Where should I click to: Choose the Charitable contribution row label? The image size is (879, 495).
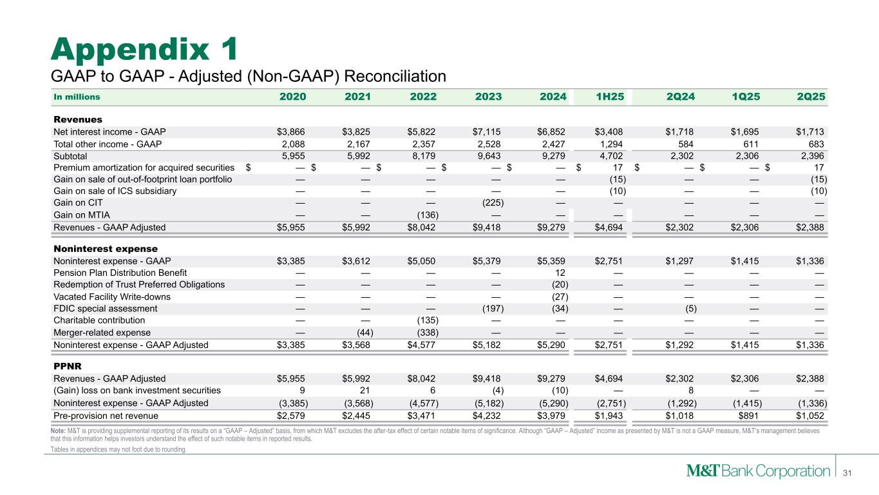[x=99, y=320]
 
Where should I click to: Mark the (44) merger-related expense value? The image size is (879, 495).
[x=363, y=333]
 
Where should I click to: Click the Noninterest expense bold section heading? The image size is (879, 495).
[x=106, y=248]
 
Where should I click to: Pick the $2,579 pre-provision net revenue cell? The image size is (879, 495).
[x=291, y=416]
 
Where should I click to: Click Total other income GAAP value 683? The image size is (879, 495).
[x=815, y=144]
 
